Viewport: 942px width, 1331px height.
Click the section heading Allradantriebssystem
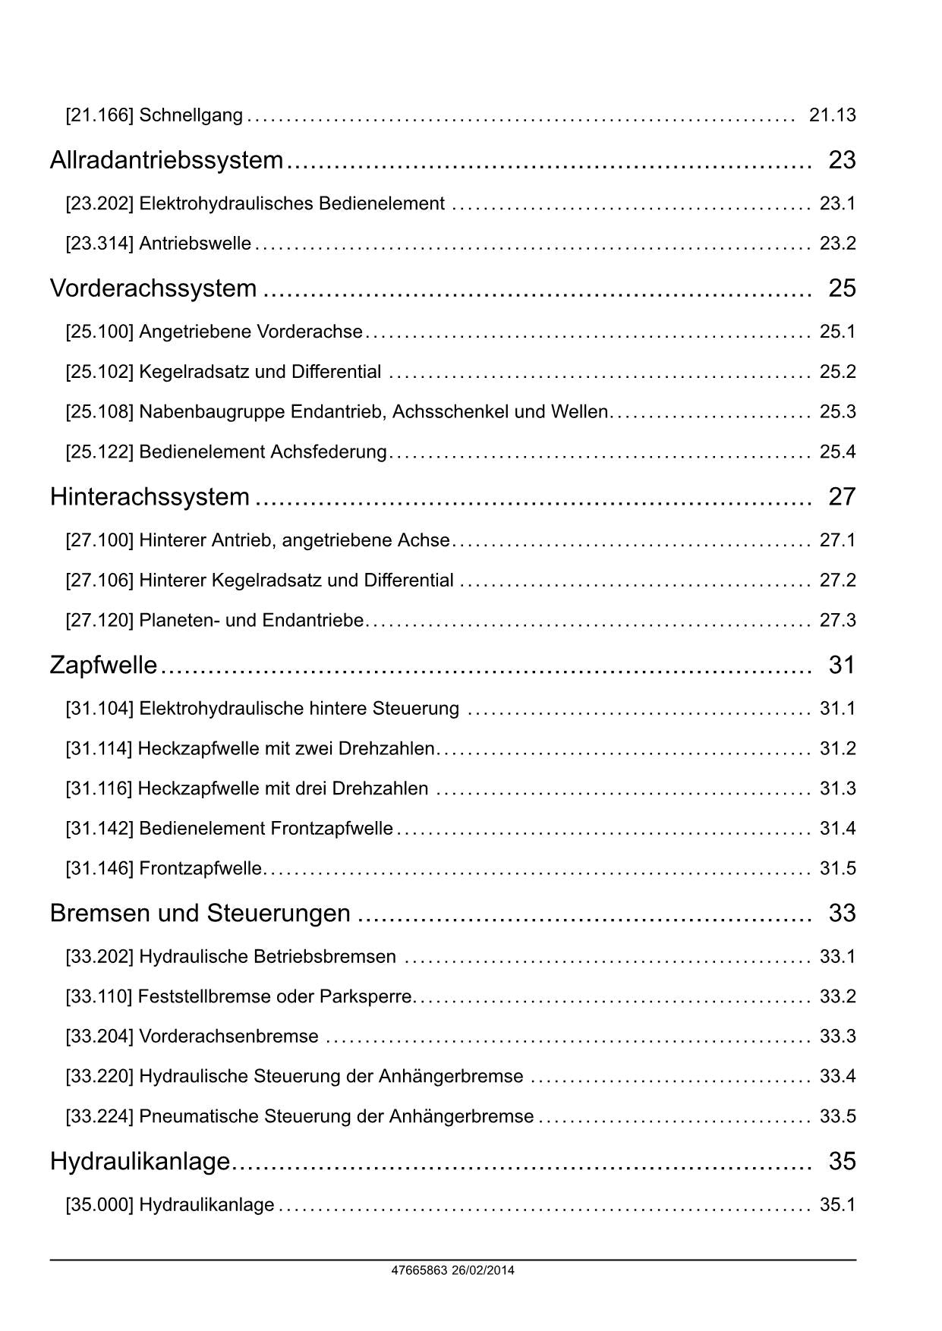166,160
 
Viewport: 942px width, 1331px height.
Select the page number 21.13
832,115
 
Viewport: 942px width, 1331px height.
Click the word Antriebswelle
195,244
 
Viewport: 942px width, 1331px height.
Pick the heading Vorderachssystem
153,288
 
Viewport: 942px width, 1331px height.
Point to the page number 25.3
837,411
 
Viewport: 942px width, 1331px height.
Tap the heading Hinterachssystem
150,496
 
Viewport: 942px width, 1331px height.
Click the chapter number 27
842,496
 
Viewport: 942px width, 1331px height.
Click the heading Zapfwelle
103,665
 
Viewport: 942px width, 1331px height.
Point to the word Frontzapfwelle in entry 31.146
200,868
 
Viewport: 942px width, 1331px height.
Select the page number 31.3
837,788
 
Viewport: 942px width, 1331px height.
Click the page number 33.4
837,1076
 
